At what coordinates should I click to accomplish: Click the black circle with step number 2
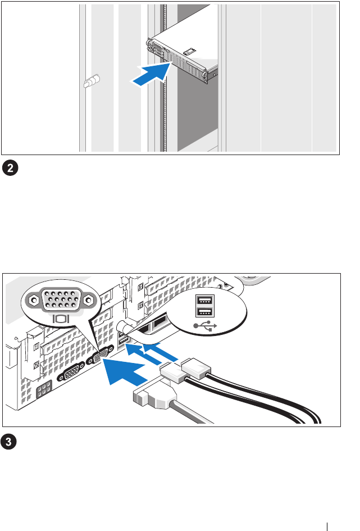(x=10, y=169)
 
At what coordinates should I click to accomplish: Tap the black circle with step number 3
(x=8, y=442)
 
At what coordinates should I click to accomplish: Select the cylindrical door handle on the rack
(x=92, y=81)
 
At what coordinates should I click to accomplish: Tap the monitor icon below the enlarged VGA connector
(x=61, y=319)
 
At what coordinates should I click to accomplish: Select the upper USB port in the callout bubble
(x=204, y=300)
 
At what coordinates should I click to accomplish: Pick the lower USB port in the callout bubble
(x=204, y=313)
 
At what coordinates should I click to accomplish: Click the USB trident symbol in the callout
(x=205, y=326)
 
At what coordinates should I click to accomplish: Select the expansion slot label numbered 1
(x=37, y=347)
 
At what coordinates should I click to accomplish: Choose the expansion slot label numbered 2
(x=37, y=366)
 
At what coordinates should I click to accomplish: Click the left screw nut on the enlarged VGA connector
(x=34, y=300)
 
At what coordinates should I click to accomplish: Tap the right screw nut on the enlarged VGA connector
(x=88, y=299)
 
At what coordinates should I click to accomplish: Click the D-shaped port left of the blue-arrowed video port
(x=72, y=372)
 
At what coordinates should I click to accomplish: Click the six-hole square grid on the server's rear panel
(x=44, y=390)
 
